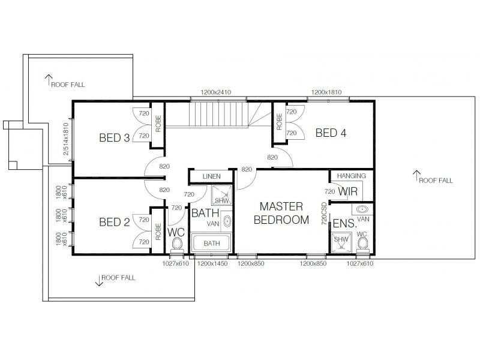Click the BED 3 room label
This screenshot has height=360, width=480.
(x=114, y=138)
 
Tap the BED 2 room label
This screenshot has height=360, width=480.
(x=114, y=223)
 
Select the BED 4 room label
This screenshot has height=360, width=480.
(x=331, y=133)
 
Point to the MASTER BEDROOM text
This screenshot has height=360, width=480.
(x=281, y=213)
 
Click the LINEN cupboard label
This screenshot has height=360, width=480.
(x=210, y=176)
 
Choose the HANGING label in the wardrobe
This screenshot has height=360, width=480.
(x=351, y=176)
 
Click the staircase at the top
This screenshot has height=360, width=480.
(x=220, y=114)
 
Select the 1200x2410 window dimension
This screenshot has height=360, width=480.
(x=216, y=92)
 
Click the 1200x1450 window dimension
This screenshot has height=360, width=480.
(x=212, y=263)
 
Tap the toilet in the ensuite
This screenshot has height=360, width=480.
(x=362, y=242)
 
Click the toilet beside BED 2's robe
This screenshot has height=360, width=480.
(x=177, y=244)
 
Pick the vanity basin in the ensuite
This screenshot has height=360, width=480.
(x=362, y=209)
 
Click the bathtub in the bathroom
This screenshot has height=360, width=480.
(x=211, y=244)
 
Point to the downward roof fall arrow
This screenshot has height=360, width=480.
(x=97, y=280)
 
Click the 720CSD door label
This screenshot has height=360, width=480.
(x=324, y=213)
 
